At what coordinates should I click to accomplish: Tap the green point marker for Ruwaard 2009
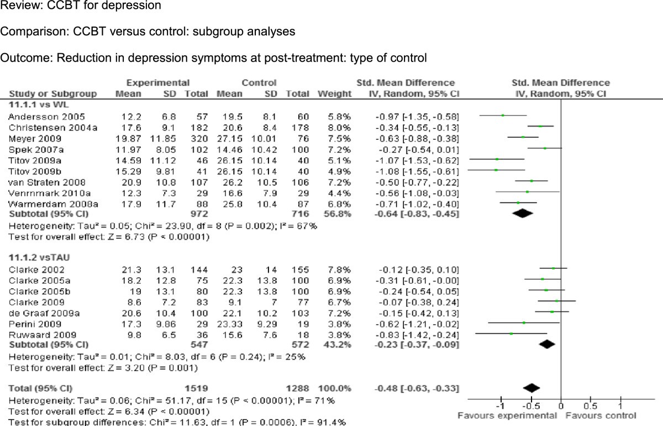tap(511, 333)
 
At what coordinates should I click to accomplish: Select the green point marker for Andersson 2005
tap(503, 115)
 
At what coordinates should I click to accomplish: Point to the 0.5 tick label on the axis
tap(590, 406)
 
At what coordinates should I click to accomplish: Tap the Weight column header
tap(334, 93)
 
